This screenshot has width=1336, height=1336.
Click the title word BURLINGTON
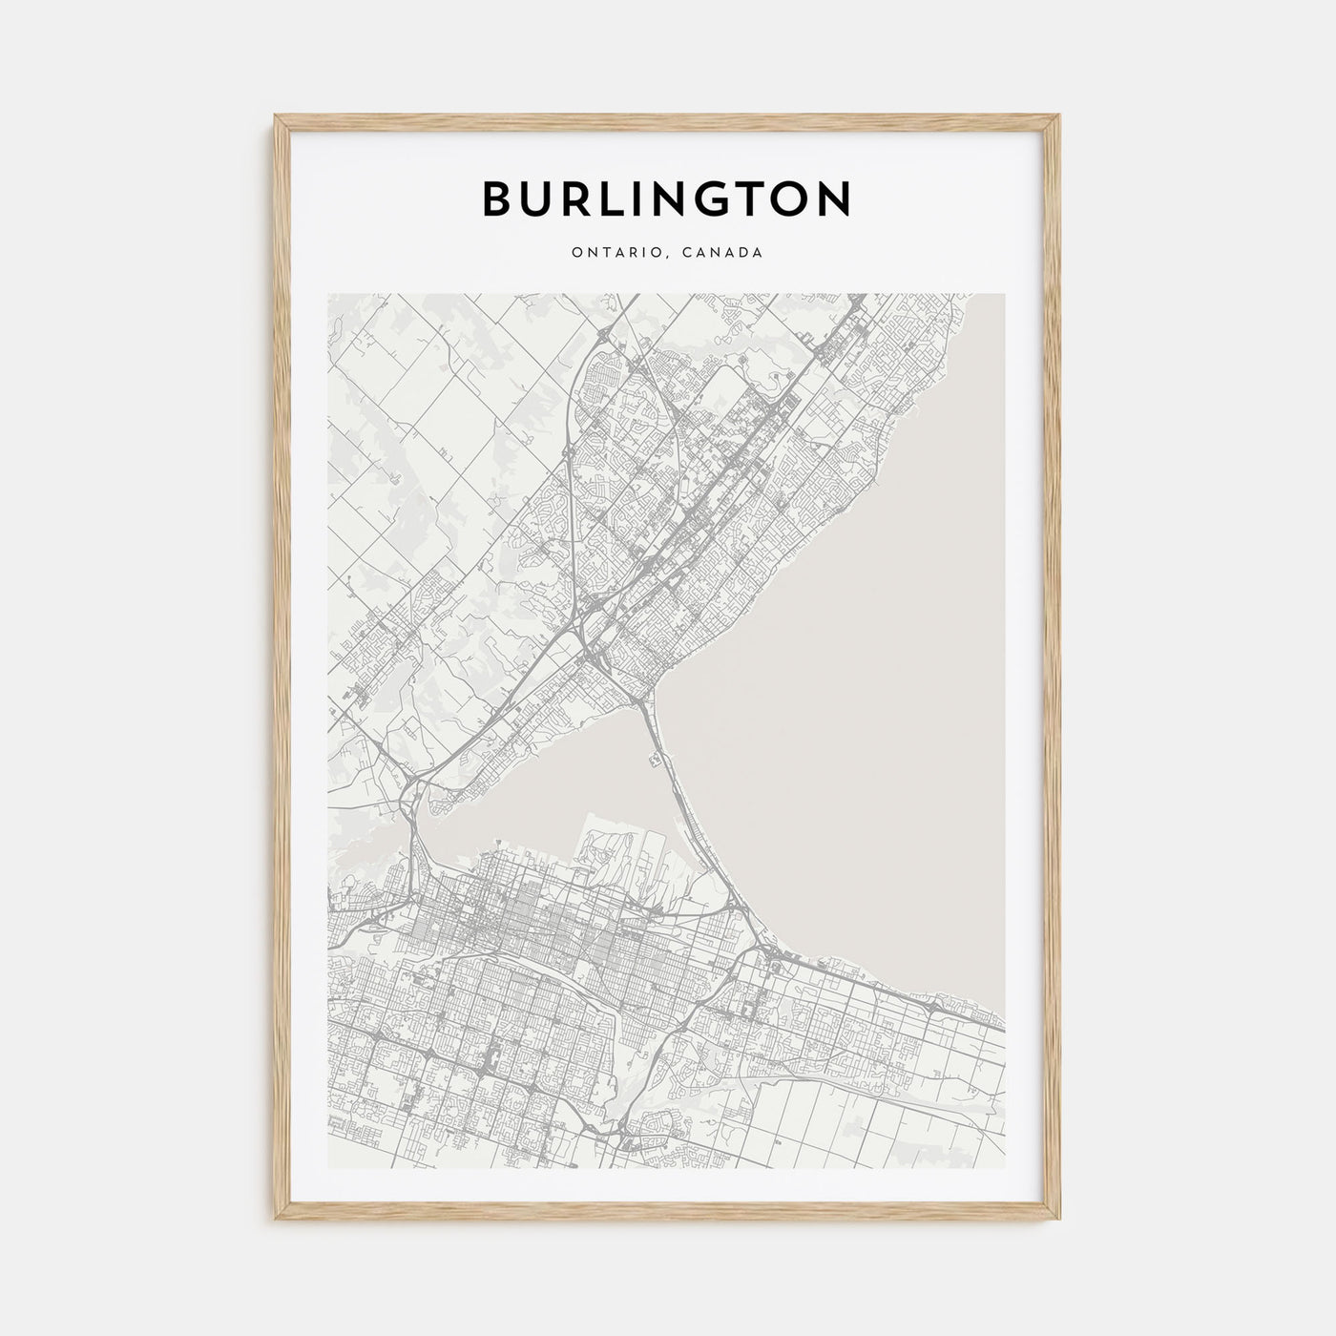click(x=667, y=198)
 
